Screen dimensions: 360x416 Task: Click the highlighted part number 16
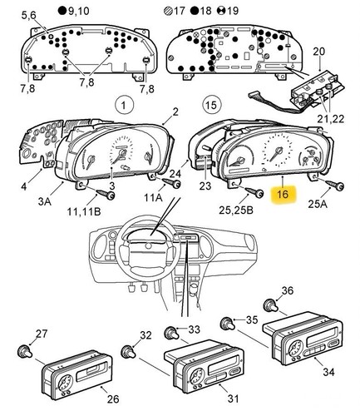(x=283, y=194)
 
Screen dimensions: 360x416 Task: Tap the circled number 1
(x=124, y=105)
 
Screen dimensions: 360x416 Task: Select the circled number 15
(x=210, y=105)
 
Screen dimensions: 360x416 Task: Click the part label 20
(x=319, y=52)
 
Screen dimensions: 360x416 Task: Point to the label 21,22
(x=330, y=119)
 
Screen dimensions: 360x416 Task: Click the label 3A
(x=45, y=201)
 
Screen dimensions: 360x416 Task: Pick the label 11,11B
(x=84, y=211)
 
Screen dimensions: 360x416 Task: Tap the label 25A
(x=318, y=204)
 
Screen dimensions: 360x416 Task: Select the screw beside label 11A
(x=171, y=182)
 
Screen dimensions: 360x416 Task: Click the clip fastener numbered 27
(x=25, y=351)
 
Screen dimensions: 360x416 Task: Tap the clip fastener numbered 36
(x=270, y=305)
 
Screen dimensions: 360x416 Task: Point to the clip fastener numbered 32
(x=128, y=351)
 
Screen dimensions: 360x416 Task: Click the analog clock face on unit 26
(x=65, y=383)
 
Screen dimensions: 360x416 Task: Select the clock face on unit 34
(x=295, y=349)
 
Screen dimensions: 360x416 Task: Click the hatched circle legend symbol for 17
(x=168, y=11)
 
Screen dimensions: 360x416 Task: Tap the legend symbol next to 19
(x=221, y=11)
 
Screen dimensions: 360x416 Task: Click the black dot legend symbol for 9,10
(x=62, y=11)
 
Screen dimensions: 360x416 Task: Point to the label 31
(x=234, y=399)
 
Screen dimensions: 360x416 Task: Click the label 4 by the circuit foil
(x=24, y=186)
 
